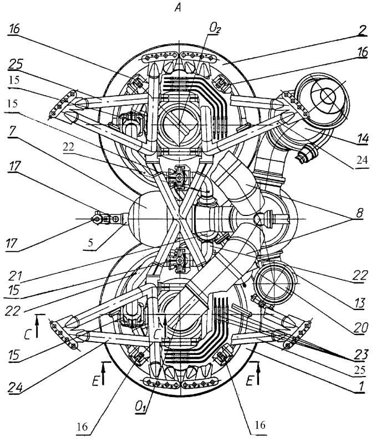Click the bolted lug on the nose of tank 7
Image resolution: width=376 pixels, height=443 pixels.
(105, 220)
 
